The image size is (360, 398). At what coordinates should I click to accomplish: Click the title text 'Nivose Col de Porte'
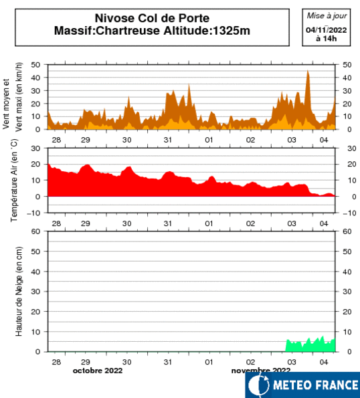(152, 18)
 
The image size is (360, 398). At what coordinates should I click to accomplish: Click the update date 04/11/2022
(327, 30)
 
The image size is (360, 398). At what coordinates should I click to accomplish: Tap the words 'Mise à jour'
(327, 16)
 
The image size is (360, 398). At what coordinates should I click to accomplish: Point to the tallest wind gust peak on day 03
(307, 71)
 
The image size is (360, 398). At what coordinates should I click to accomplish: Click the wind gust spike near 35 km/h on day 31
(189, 84)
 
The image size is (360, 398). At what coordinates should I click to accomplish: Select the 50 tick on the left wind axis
(35, 65)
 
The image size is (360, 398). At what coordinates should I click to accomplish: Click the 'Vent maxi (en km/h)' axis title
(19, 97)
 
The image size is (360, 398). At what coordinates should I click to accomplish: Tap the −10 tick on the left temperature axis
(33, 213)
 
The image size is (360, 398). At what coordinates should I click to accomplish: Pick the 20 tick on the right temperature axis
(352, 165)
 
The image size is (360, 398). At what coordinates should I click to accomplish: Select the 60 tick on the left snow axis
(35, 231)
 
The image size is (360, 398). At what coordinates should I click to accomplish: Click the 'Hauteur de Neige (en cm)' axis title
(19, 292)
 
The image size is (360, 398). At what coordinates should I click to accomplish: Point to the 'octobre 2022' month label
(98, 371)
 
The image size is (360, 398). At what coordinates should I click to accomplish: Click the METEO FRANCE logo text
(316, 385)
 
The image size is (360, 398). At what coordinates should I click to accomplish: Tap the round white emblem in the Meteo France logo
(259, 385)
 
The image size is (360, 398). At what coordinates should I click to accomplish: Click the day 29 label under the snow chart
(86, 362)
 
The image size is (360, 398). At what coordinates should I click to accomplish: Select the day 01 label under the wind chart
(209, 140)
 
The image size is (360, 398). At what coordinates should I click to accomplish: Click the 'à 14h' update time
(327, 39)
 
